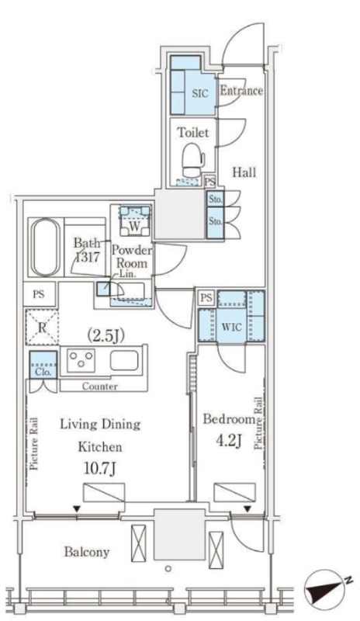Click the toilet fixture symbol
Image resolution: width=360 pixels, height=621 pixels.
click(x=193, y=160)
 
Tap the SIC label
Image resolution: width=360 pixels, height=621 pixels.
click(x=200, y=93)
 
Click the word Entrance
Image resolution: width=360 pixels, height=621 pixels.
click(x=241, y=91)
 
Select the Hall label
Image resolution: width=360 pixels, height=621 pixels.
click(x=244, y=172)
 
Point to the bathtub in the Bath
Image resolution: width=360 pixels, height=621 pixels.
click(x=46, y=247)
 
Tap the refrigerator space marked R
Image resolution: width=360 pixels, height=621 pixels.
click(x=42, y=328)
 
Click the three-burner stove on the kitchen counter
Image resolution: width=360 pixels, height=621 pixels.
click(x=81, y=360)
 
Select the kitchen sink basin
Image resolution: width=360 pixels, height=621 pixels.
click(x=124, y=360)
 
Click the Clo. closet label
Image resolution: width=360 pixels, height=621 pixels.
click(x=43, y=372)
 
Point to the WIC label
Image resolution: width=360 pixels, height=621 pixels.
click(x=232, y=327)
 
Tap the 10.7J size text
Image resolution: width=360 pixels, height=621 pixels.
click(x=100, y=470)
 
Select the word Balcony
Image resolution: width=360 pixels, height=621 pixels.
click(x=87, y=552)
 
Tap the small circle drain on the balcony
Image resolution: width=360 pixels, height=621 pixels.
click(x=168, y=569)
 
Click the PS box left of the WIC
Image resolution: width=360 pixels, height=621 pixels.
click(x=206, y=298)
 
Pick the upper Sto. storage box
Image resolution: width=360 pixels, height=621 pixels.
click(x=215, y=199)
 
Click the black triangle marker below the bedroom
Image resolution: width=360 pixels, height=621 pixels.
click(x=247, y=508)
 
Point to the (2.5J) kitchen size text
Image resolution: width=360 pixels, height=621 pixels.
click(x=106, y=336)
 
